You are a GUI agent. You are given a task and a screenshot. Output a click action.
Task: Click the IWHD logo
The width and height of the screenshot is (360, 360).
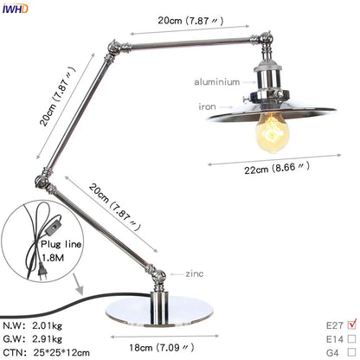point(15,9)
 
